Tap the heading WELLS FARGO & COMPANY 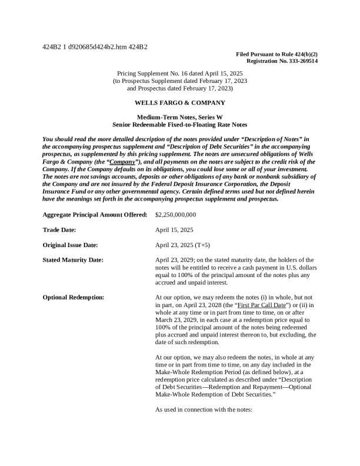(x=179, y=103)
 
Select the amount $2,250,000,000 (x=175, y=215)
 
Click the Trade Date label (x=59, y=230)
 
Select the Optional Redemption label (x=74, y=298)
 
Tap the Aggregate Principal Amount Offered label (x=95, y=215)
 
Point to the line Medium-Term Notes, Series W (x=179, y=118)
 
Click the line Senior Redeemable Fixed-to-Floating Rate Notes (x=179, y=125)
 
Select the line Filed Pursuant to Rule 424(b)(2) (x=276, y=54)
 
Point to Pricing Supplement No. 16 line (x=179, y=74)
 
